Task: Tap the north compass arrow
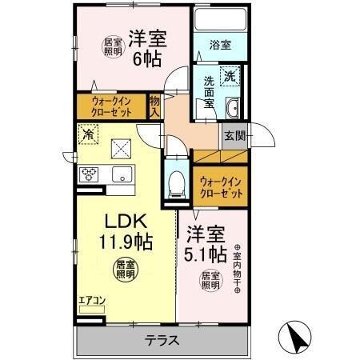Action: tap(294, 336)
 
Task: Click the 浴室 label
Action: tap(221, 46)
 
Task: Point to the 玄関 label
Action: tap(234, 135)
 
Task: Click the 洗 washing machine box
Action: tap(230, 78)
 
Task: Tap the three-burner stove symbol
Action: tap(88, 174)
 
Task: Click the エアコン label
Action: tap(90, 302)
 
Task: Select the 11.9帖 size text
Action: tap(126, 238)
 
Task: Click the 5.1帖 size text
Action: tap(207, 255)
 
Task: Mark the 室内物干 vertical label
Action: tap(237, 268)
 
